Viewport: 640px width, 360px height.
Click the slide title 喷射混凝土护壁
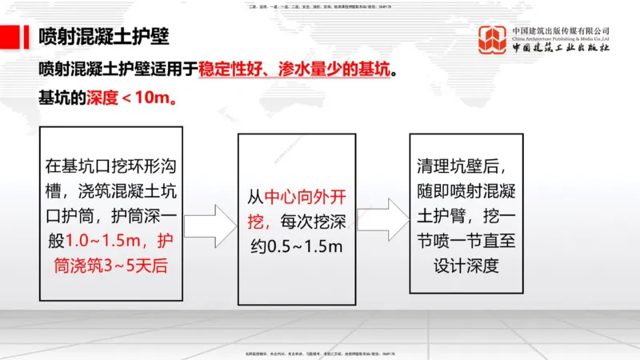point(103,37)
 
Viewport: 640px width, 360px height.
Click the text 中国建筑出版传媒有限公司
point(560,30)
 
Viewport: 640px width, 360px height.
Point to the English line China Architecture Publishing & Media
point(560,38)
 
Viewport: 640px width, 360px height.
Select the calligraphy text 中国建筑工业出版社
point(560,48)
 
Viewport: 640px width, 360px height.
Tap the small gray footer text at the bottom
point(320,352)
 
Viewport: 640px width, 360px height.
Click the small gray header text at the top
point(320,6)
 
